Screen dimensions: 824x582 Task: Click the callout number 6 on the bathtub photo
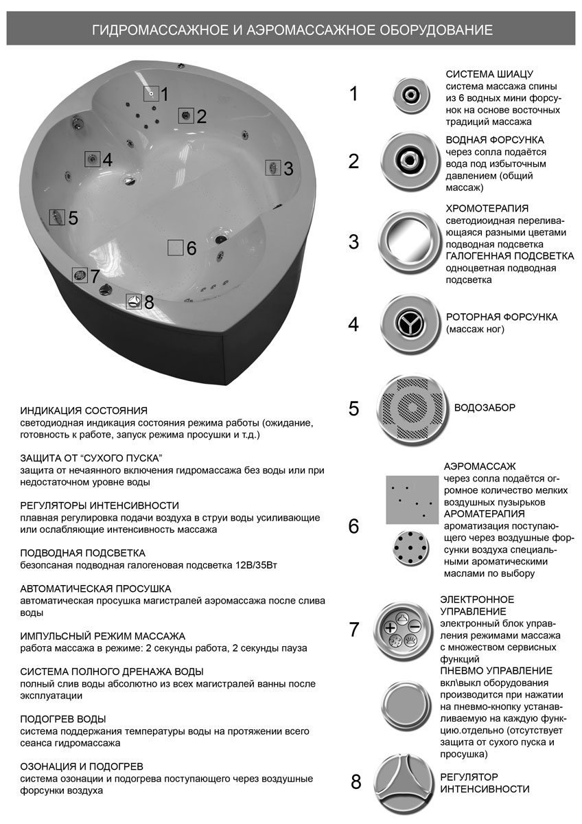point(191,249)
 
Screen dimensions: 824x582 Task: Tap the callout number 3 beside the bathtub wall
point(288,168)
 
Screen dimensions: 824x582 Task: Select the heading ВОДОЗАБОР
point(485,408)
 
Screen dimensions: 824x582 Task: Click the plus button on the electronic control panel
point(391,627)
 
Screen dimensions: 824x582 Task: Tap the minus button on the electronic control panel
point(414,626)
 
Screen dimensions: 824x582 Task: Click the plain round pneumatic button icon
point(405,708)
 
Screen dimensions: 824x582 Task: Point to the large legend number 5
point(354,409)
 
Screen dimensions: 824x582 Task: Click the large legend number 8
point(356,782)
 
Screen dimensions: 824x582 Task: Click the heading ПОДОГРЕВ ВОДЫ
point(63,719)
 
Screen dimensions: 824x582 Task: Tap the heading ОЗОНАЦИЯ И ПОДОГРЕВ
point(82,766)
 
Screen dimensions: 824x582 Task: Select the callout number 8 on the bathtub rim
point(149,302)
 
